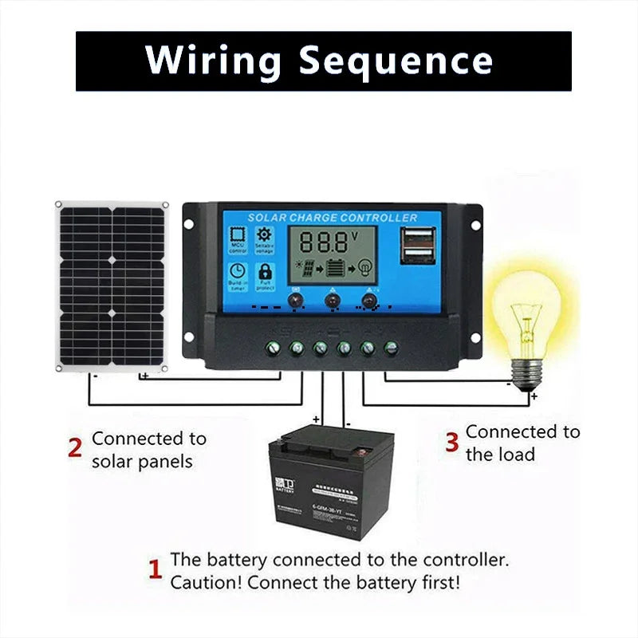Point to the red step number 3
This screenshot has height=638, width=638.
[451, 441]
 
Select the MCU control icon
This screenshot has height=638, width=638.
[238, 239]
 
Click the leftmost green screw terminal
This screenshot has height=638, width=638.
[272, 348]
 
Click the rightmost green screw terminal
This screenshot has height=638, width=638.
[391, 348]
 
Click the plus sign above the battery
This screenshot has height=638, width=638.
[316, 418]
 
